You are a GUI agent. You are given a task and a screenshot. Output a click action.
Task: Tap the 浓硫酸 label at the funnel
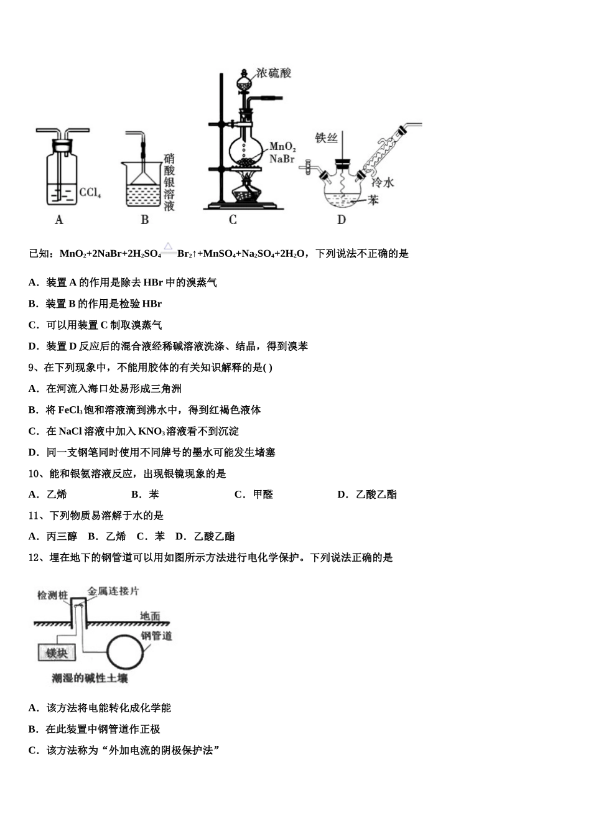point(274,73)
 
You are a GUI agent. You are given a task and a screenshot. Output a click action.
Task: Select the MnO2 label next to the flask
point(282,147)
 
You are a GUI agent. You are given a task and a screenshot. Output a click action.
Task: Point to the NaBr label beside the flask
point(281,159)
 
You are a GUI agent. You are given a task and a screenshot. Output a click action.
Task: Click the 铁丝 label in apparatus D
point(326,138)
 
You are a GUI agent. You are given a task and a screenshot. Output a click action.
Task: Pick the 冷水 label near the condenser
point(383,182)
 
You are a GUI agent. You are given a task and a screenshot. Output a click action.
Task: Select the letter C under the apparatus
point(233,220)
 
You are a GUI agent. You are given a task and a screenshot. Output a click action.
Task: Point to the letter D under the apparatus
point(342,220)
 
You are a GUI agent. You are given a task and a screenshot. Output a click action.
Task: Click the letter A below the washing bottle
point(59,220)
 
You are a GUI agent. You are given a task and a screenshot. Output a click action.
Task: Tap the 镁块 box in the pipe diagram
point(57,653)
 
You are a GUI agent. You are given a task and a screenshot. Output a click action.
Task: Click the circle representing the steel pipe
point(127,652)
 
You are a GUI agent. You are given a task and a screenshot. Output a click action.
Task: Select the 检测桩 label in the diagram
point(52,595)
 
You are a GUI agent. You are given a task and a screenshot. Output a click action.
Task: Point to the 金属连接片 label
point(113,591)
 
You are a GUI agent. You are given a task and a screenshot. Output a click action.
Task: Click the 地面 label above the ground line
point(150,616)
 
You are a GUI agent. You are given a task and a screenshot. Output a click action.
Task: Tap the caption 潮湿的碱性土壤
point(90,678)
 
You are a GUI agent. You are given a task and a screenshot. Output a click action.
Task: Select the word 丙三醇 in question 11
point(62,536)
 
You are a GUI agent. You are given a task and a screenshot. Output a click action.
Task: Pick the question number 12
point(35,558)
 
